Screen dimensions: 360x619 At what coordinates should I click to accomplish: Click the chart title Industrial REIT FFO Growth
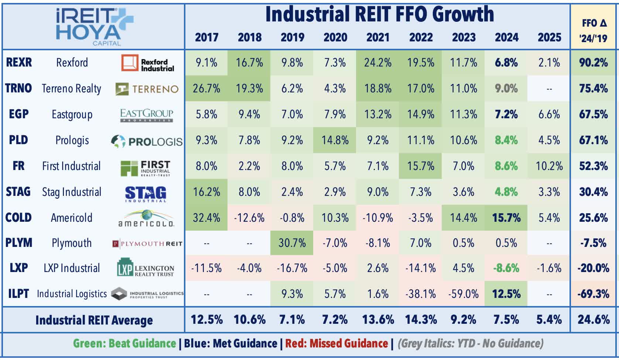[x=379, y=15]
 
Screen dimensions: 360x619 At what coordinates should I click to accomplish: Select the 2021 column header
[x=378, y=37]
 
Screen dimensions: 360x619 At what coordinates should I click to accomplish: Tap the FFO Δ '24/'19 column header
[x=593, y=30]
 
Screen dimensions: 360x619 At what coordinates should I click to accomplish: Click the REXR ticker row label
[x=19, y=62]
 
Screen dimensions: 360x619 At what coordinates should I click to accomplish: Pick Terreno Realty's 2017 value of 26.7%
[x=206, y=89]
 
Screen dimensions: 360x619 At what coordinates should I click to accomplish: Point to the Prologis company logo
[x=147, y=141]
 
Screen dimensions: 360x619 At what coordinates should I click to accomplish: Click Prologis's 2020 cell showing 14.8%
[x=335, y=140]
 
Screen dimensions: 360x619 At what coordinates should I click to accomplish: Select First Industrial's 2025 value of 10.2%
[x=549, y=166]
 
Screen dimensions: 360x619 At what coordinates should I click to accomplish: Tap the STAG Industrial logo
[x=146, y=193]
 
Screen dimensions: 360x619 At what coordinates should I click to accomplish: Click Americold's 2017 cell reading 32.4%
[x=206, y=218]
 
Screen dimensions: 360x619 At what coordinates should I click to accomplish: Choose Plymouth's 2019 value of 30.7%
[x=292, y=243]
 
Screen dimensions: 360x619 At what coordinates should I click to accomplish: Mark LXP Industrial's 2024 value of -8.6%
[x=506, y=268]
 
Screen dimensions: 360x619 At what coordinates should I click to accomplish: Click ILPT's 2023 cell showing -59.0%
[x=463, y=294]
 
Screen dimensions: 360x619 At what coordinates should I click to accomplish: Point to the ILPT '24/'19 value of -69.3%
[x=593, y=294]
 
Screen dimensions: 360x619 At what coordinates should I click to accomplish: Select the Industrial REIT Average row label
[x=94, y=320]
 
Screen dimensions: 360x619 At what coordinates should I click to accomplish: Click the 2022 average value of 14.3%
[x=421, y=320]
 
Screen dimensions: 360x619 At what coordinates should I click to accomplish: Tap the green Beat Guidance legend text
[x=124, y=344]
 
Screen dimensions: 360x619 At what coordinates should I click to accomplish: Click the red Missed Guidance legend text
[x=336, y=344]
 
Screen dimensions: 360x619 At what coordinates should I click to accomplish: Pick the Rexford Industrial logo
[x=148, y=64]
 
